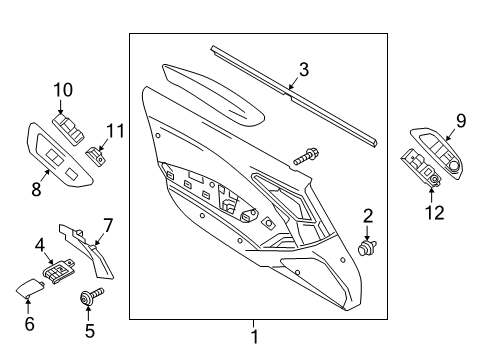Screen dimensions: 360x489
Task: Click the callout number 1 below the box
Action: [x=254, y=337]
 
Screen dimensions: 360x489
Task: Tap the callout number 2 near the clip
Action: [x=368, y=216]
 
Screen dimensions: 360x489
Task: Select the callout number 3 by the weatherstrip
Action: [x=303, y=69]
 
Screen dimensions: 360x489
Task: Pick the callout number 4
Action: [x=40, y=244]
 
